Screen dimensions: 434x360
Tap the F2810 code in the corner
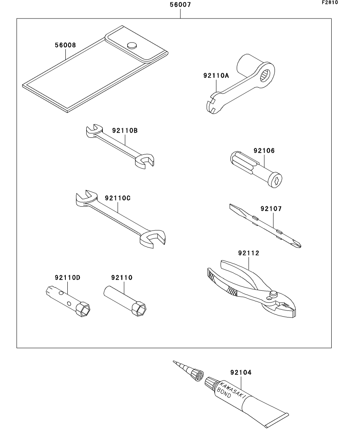[x=330, y=3]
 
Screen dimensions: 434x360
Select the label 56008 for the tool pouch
[x=65, y=45]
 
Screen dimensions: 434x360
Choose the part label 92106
[x=264, y=151]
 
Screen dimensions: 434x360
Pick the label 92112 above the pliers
[x=249, y=253]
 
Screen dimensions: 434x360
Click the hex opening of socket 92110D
[x=84, y=310]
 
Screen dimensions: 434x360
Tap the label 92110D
[x=67, y=278]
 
